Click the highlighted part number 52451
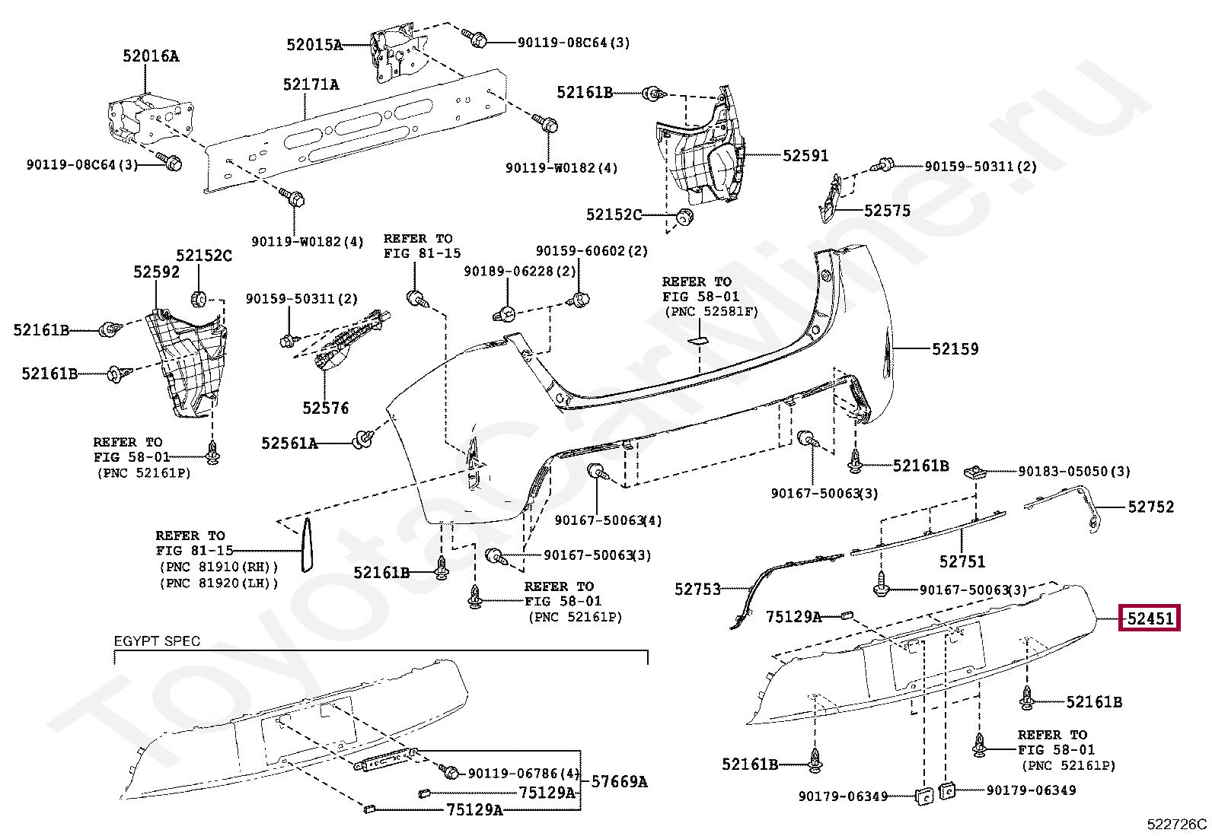[1150, 618]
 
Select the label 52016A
[151, 56]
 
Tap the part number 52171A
[311, 84]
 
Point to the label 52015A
[314, 44]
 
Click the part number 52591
[805, 156]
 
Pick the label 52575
[887, 211]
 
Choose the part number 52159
[955, 349]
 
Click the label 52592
[156, 272]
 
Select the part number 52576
[325, 408]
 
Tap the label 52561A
[289, 443]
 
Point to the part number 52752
[1151, 507]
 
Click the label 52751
[962, 561]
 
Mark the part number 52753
[697, 589]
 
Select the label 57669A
[619, 781]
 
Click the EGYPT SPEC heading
[157, 641]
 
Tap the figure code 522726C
[1176, 824]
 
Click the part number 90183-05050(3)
[1074, 472]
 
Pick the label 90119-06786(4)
[524, 774]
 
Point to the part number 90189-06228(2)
[520, 271]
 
